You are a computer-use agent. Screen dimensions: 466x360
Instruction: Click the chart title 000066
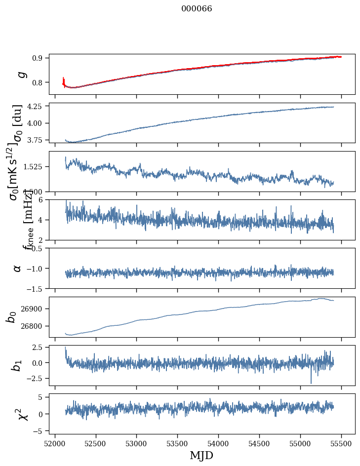[x=197, y=9]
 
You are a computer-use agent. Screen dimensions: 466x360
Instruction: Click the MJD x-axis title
[x=201, y=455]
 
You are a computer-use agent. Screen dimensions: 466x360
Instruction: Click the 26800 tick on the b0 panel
[x=34, y=326]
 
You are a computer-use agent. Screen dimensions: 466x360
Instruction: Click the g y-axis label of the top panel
[x=20, y=74]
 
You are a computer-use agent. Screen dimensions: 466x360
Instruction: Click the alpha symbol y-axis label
[x=17, y=268]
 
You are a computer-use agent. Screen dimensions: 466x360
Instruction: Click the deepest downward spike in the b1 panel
[x=311, y=382]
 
